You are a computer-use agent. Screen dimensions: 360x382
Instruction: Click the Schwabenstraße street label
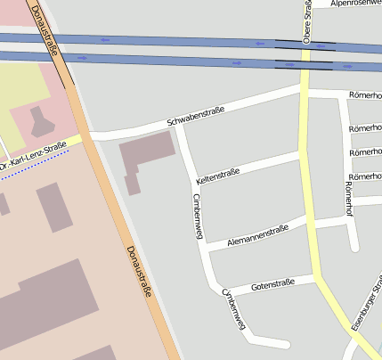195,115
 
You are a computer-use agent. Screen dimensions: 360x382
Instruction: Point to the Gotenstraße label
272,284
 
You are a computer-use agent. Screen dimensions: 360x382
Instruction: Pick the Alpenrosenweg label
355,4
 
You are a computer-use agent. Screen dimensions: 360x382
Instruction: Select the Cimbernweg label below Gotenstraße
232,311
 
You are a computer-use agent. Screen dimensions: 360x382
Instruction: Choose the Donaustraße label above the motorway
45,26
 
